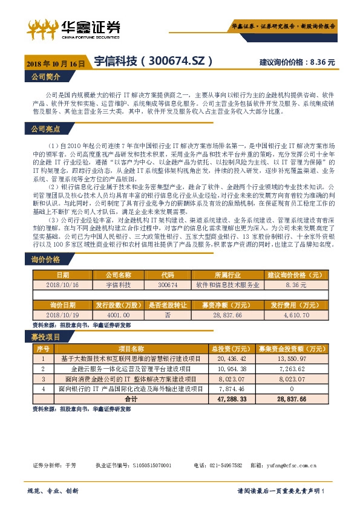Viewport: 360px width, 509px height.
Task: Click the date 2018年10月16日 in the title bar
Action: point(55,62)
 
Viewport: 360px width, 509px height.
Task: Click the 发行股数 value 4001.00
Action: point(117,315)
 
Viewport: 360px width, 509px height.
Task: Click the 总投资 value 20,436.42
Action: point(226,358)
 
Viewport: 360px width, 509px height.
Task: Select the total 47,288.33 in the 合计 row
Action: point(226,399)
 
